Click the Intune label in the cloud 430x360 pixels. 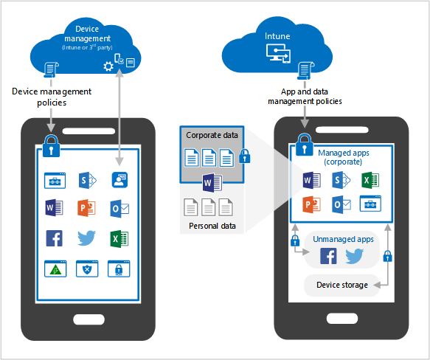(278, 35)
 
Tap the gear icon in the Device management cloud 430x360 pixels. (108, 66)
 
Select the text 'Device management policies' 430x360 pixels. (52, 97)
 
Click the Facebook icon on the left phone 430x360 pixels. (54, 238)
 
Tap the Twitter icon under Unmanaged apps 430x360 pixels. (354, 256)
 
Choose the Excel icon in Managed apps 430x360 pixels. (370, 180)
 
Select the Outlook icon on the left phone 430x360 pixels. (119, 208)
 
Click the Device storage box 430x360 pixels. (341, 285)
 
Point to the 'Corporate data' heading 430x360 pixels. (211, 136)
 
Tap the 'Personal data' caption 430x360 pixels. (211, 226)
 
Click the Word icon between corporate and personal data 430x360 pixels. (212, 184)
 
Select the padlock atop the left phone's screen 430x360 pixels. (49, 142)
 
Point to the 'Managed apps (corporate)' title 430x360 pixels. (345, 157)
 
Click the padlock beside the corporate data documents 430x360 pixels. (245, 157)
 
